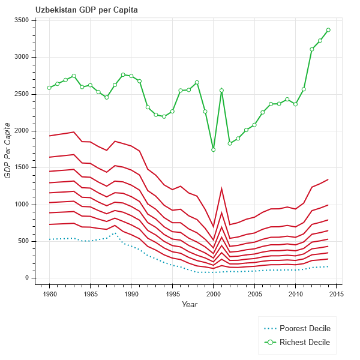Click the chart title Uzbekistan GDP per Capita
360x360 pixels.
pyautogui.click(x=86, y=10)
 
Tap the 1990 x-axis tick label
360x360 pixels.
pyautogui.click(x=131, y=294)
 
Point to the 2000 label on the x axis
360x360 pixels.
pyautogui.click(x=214, y=294)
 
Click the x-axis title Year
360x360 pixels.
pyautogui.click(x=189, y=305)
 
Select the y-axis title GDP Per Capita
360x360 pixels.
pyautogui.click(x=8, y=149)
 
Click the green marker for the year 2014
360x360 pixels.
pyautogui.click(x=328, y=30)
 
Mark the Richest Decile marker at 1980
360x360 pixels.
pyautogui.click(x=49, y=88)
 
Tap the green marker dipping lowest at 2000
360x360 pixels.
pyautogui.click(x=214, y=149)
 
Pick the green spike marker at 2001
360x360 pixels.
pyautogui.click(x=221, y=91)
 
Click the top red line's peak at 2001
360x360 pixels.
pyautogui.click(x=221, y=188)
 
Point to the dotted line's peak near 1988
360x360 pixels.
pyautogui.click(x=115, y=233)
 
